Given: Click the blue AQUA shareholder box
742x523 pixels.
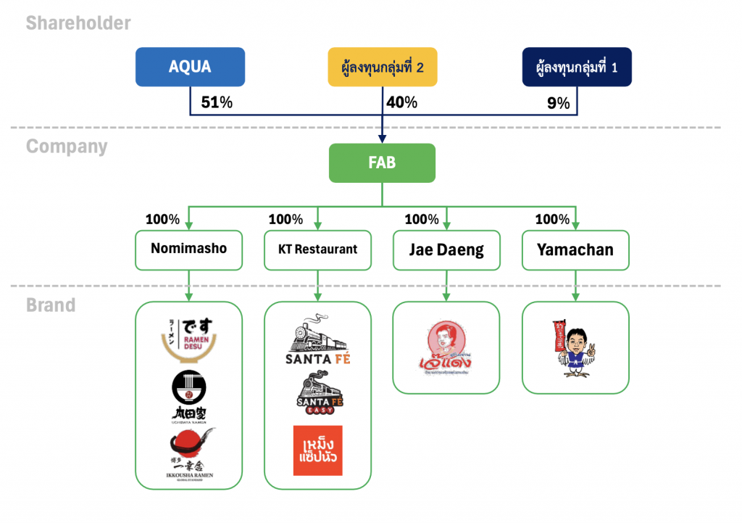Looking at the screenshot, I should click(190, 67).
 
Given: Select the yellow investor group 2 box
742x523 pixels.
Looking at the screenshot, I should click(382, 67).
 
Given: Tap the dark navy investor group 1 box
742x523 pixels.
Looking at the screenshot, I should click(577, 67).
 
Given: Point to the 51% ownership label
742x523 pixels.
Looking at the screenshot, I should click(217, 102).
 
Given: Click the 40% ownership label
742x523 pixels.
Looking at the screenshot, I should click(401, 102).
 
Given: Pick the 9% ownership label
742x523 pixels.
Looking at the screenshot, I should click(558, 103).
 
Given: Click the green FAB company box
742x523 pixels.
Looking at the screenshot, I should click(382, 162).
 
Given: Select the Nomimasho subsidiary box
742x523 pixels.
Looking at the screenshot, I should click(188, 250).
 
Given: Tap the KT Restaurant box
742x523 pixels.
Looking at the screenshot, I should click(317, 250).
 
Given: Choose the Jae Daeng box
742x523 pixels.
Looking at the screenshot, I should click(446, 250).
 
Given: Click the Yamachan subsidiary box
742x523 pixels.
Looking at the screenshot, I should click(575, 250).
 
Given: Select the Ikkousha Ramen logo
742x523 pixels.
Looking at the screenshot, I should click(188, 453).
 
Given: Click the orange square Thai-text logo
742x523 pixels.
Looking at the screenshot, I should click(317, 450).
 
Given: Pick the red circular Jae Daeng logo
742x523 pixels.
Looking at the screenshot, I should click(446, 347).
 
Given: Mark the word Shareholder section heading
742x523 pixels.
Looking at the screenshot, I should click(78, 23).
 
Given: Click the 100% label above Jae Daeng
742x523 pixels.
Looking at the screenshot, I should click(422, 219).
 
